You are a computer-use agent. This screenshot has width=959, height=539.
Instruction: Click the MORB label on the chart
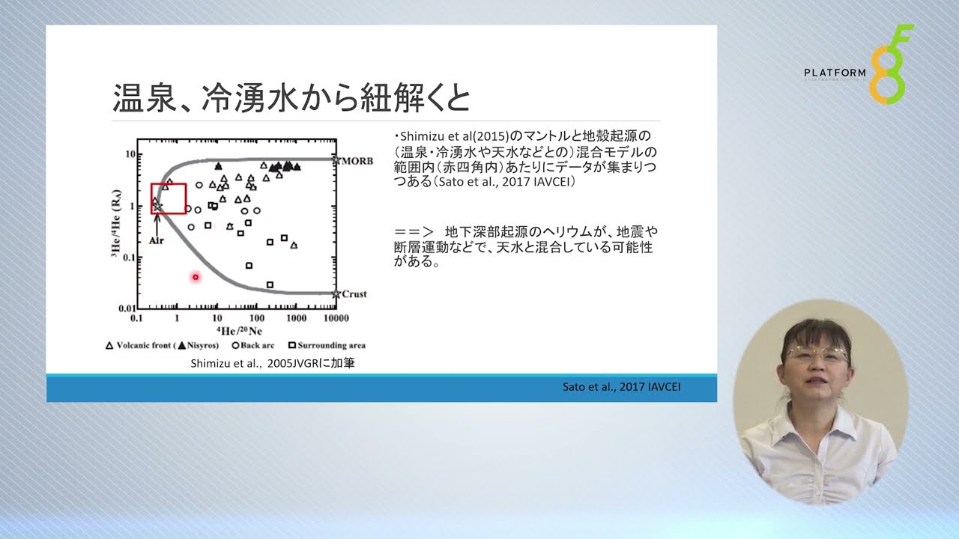[357, 161]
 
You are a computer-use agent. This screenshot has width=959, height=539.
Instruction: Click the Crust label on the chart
[354, 294]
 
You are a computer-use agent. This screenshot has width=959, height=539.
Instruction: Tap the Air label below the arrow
[157, 240]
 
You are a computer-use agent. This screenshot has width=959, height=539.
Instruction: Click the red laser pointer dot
[196, 277]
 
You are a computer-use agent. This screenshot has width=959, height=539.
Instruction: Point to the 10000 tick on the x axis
[336, 318]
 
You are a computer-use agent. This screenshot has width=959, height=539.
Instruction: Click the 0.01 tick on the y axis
[127, 308]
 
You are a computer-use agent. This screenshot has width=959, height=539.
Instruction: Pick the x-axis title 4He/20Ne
[239, 331]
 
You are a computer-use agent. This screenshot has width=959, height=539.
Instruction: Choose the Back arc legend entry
[253, 345]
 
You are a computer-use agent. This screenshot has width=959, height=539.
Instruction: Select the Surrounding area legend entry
[327, 345]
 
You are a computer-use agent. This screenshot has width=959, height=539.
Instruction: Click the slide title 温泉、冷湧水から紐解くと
[291, 98]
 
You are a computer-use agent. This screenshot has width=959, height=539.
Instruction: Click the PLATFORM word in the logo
[835, 73]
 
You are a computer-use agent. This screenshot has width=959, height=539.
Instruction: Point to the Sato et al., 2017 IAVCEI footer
[621, 387]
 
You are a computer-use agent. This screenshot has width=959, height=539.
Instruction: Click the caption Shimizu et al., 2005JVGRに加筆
[273, 363]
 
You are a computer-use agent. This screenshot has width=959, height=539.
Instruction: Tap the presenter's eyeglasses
[817, 354]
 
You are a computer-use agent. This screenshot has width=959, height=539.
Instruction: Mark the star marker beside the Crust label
[336, 294]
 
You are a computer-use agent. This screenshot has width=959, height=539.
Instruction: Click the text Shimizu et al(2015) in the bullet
[455, 136]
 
